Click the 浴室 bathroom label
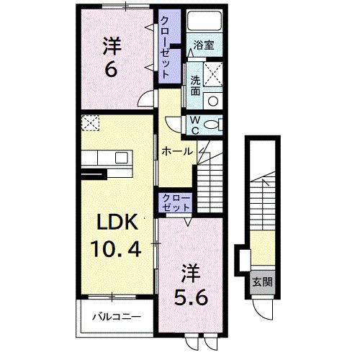[204, 45]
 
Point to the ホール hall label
[177, 152]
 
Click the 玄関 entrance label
[261, 282]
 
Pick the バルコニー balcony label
[116, 316]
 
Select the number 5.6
[190, 295]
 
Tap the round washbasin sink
[212, 99]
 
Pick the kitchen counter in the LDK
[104, 157]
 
